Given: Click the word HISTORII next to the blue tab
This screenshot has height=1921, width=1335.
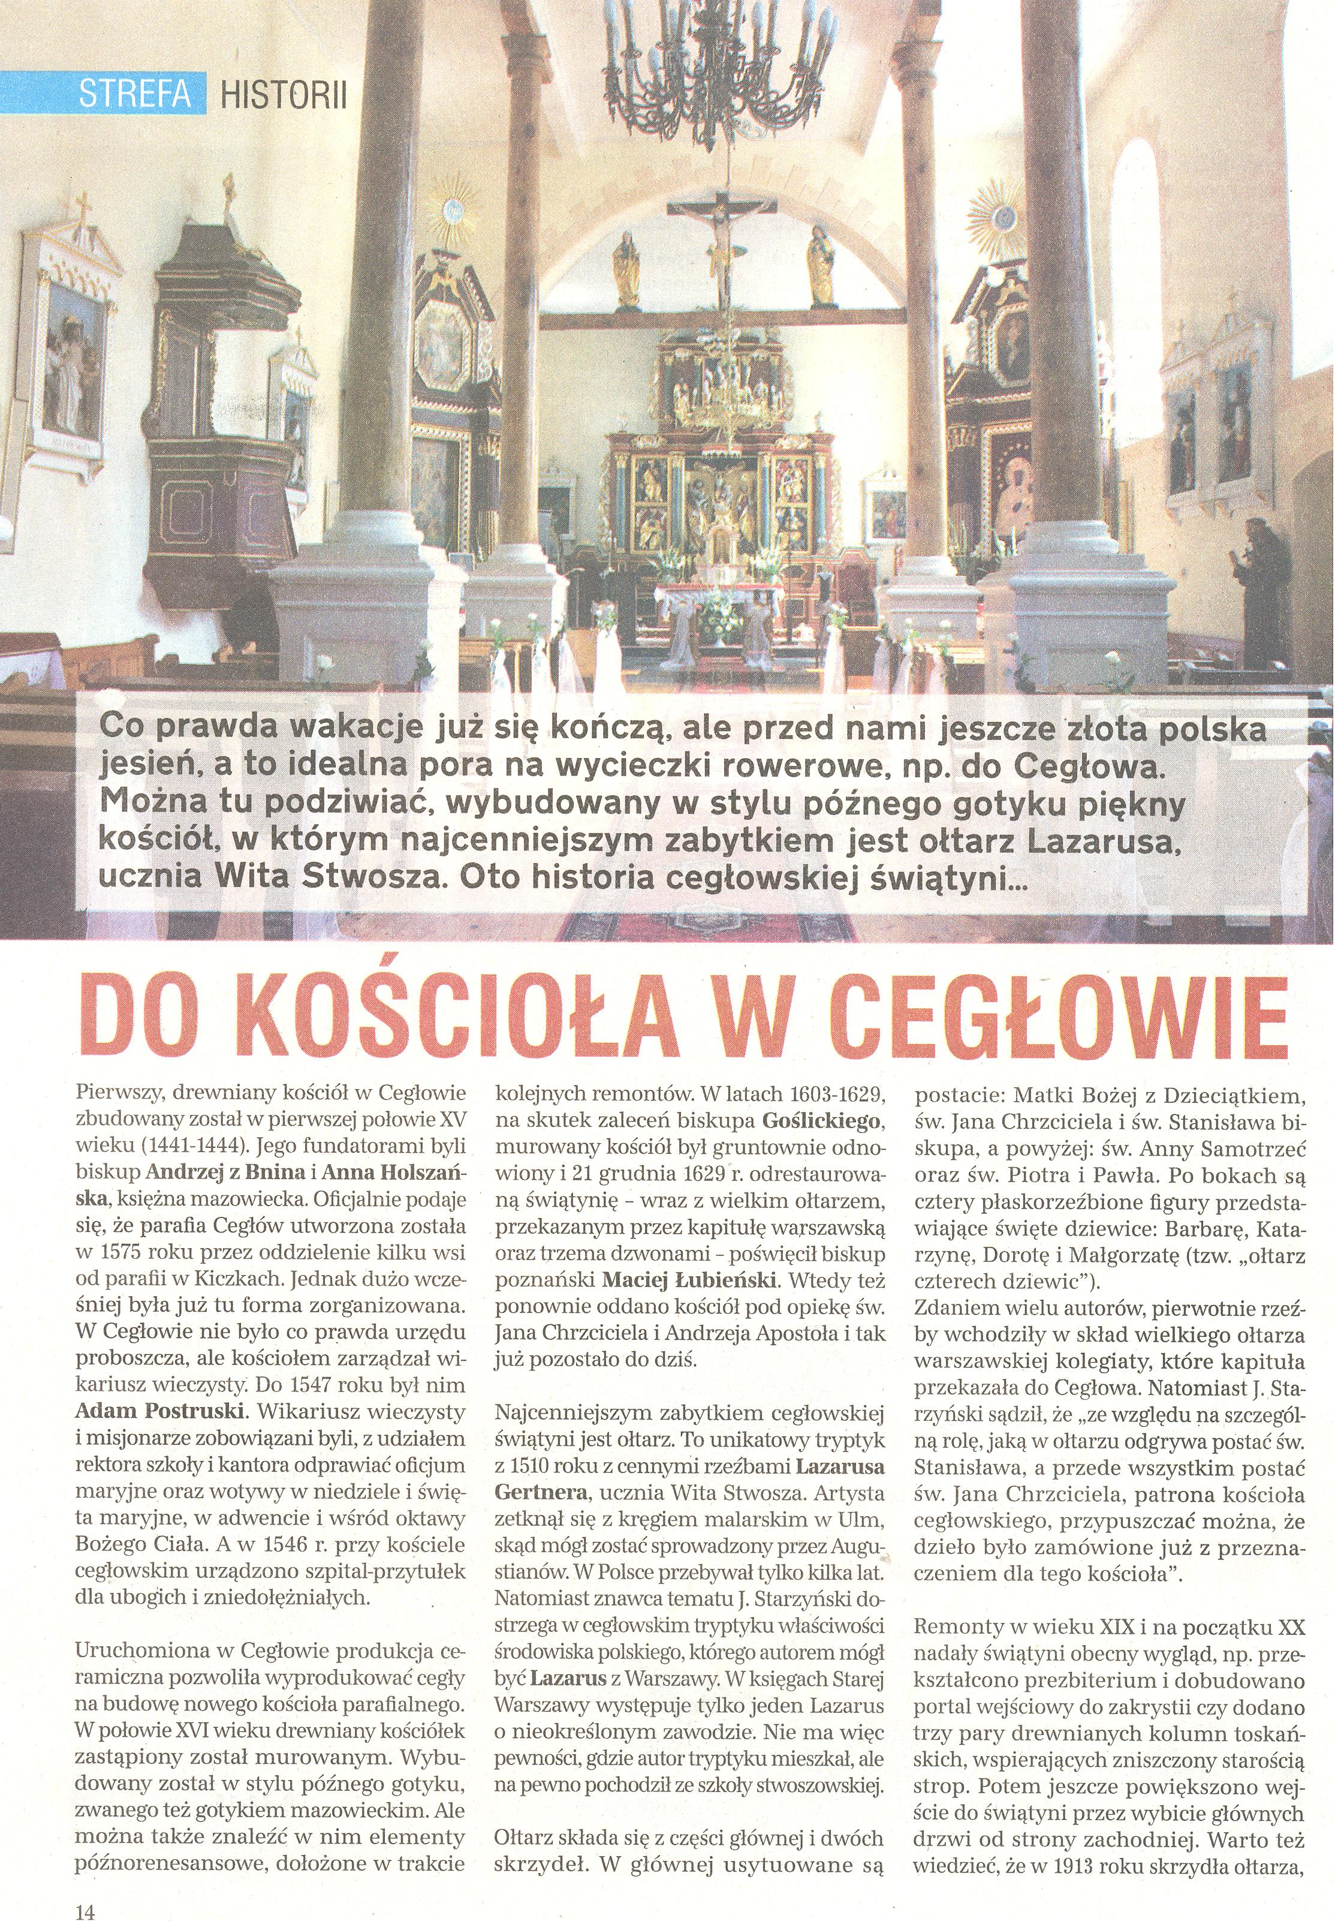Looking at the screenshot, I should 282,95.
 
